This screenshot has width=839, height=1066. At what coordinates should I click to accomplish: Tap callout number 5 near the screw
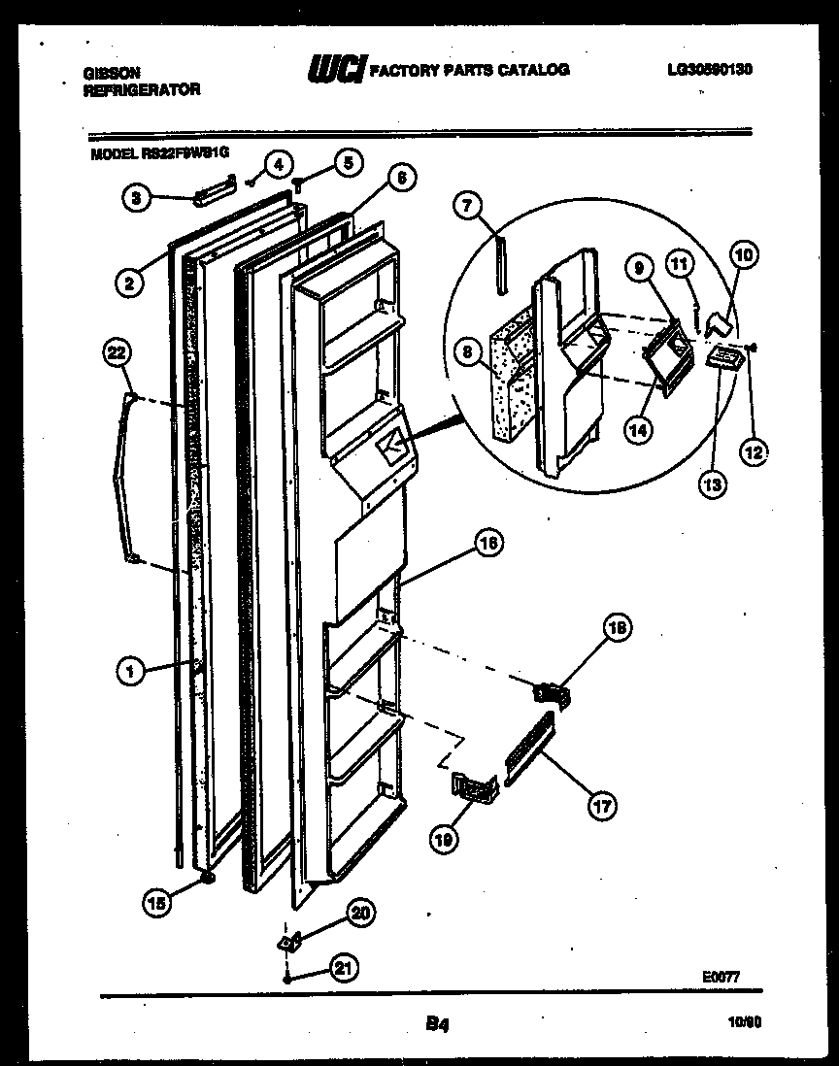[x=345, y=162]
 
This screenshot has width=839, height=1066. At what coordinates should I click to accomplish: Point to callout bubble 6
[x=401, y=178]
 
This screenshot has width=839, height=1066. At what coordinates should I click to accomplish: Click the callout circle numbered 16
[x=487, y=545]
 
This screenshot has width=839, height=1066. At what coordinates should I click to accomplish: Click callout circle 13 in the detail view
[x=714, y=484]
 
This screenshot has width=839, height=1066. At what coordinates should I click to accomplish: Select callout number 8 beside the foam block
[x=468, y=354]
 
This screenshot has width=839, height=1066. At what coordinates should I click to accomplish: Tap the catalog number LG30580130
[x=710, y=69]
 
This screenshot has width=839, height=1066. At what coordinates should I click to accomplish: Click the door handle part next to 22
[x=122, y=476]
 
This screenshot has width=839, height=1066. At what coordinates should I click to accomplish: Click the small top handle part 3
[x=213, y=193]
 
